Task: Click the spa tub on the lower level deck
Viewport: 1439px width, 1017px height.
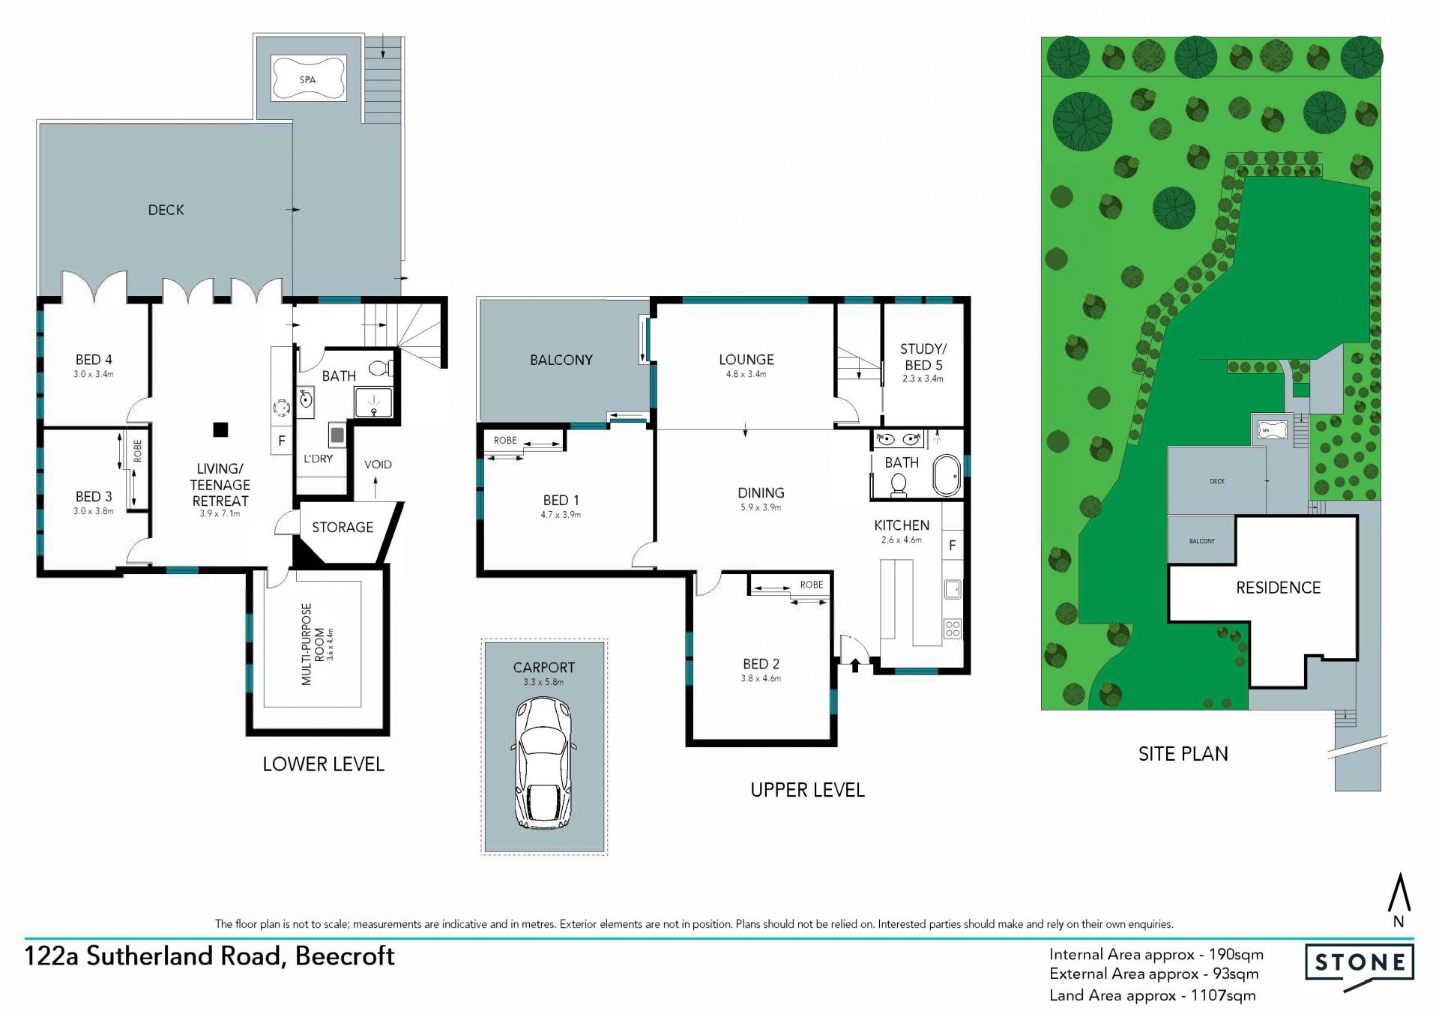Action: (x=308, y=78)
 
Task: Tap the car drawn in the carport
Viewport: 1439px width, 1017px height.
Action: (x=544, y=763)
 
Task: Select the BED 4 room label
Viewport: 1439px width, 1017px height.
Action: (x=94, y=360)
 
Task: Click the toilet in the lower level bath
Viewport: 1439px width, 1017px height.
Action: (x=382, y=368)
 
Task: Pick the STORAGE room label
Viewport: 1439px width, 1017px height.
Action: (x=343, y=528)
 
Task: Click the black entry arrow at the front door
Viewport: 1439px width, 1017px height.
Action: (x=855, y=665)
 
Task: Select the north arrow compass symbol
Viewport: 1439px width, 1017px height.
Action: (x=1399, y=900)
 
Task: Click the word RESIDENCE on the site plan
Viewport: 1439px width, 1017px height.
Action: (x=1278, y=588)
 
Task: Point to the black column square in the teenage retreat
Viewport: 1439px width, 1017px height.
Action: (x=220, y=429)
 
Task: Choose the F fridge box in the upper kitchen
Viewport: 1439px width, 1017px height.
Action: (x=953, y=546)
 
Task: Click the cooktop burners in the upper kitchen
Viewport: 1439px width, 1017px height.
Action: (x=953, y=628)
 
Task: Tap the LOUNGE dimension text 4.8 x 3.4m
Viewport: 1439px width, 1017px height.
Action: (x=746, y=374)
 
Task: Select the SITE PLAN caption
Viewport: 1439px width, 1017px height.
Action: (x=1183, y=754)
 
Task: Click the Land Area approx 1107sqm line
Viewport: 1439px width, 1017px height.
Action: (x=1153, y=995)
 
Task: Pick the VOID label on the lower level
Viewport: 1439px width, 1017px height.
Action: (x=378, y=465)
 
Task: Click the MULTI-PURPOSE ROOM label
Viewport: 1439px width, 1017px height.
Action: (x=313, y=645)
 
